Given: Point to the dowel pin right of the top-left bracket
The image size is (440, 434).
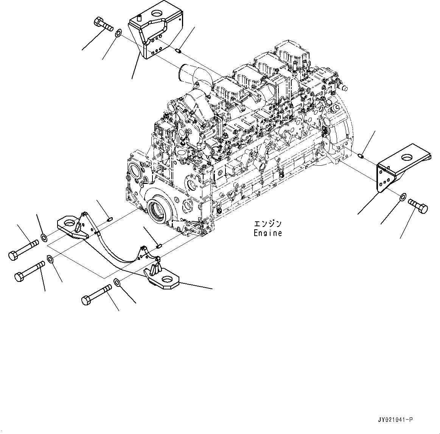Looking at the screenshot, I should [180, 50].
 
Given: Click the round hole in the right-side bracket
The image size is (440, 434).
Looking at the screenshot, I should [408, 157].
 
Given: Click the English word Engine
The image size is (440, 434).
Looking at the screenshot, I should [267, 233].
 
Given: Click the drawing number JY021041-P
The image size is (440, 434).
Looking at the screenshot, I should [395, 420].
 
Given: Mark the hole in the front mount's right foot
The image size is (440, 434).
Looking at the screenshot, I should [167, 280].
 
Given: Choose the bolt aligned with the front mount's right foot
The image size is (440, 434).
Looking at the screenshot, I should [96, 295].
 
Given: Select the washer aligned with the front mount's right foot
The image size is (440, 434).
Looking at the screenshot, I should [117, 282].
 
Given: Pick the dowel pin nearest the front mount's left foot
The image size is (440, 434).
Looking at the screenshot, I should [110, 218].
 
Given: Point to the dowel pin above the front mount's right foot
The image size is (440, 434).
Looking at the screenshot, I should [159, 246].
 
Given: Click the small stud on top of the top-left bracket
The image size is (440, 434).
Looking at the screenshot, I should [139, 17].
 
